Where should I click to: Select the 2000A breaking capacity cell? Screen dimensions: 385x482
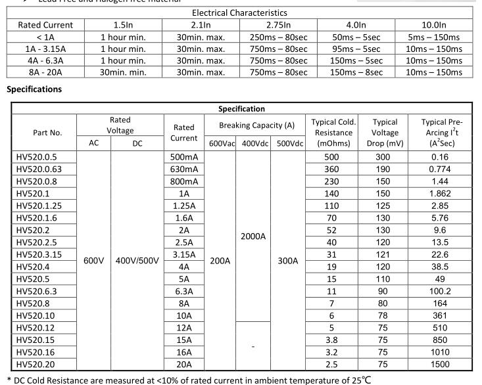click(253, 235)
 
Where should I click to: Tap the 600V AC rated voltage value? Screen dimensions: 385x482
click(94, 260)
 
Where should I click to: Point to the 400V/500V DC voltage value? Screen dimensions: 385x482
click(137, 260)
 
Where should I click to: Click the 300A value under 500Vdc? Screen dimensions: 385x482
click(287, 260)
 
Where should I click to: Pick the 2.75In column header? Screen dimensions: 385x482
click(279, 25)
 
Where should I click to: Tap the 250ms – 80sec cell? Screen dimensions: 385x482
click(279, 37)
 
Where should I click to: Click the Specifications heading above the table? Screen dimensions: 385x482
click(34, 89)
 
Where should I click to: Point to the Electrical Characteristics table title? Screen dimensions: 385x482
click(239, 12)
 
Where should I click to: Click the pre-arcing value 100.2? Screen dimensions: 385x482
click(440, 291)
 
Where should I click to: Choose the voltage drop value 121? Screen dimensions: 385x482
click(385, 254)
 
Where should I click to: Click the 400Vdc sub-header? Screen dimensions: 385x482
click(253, 143)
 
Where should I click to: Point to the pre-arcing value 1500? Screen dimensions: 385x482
click(440, 364)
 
